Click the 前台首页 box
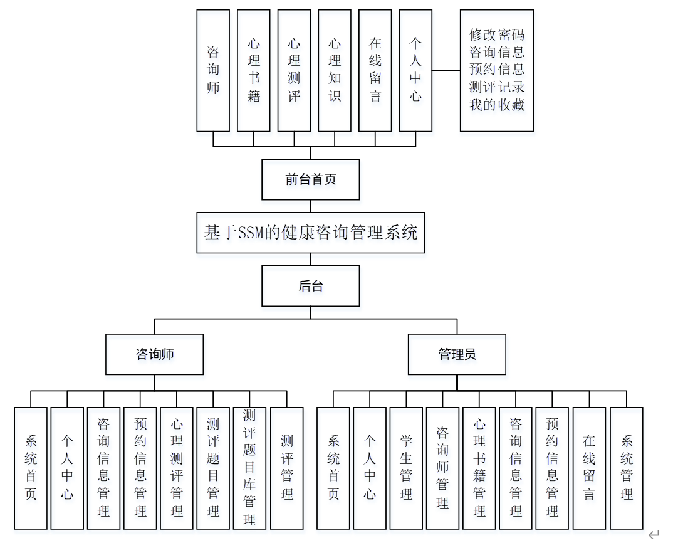point(310,179)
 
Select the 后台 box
point(310,286)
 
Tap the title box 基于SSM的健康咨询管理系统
point(310,233)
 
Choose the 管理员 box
point(457,354)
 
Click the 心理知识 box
point(335,70)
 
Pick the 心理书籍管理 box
point(479,468)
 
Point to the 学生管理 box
point(406,468)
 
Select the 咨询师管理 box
point(442,468)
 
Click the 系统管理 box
point(626,468)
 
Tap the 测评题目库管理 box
point(250,468)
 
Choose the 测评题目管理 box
point(213,468)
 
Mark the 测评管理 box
point(287,468)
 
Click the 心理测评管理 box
point(177,468)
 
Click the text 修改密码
point(496,35)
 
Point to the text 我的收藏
point(496,105)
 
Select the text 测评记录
point(496,87)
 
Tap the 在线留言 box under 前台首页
point(375,70)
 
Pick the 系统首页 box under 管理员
point(333,468)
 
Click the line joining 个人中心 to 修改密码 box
point(446,71)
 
